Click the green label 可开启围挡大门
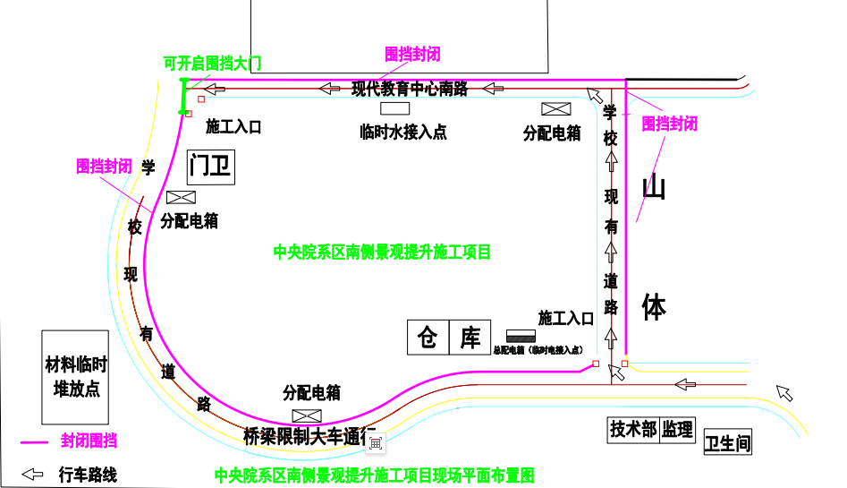click(x=212, y=64)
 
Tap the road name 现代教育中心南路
click(x=410, y=89)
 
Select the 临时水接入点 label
click(x=402, y=133)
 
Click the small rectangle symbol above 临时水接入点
click(x=394, y=108)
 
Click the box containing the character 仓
click(x=428, y=337)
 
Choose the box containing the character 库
click(x=470, y=337)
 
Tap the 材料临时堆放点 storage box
click(x=76, y=377)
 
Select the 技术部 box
click(x=633, y=430)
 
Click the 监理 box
click(x=678, y=430)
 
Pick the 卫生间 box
click(x=726, y=442)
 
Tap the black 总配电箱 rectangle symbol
click(x=521, y=336)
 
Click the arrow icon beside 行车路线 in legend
click(x=32, y=475)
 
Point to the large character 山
click(x=655, y=189)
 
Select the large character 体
click(x=655, y=307)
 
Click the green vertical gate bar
click(x=184, y=97)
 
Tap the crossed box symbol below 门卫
click(x=181, y=199)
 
